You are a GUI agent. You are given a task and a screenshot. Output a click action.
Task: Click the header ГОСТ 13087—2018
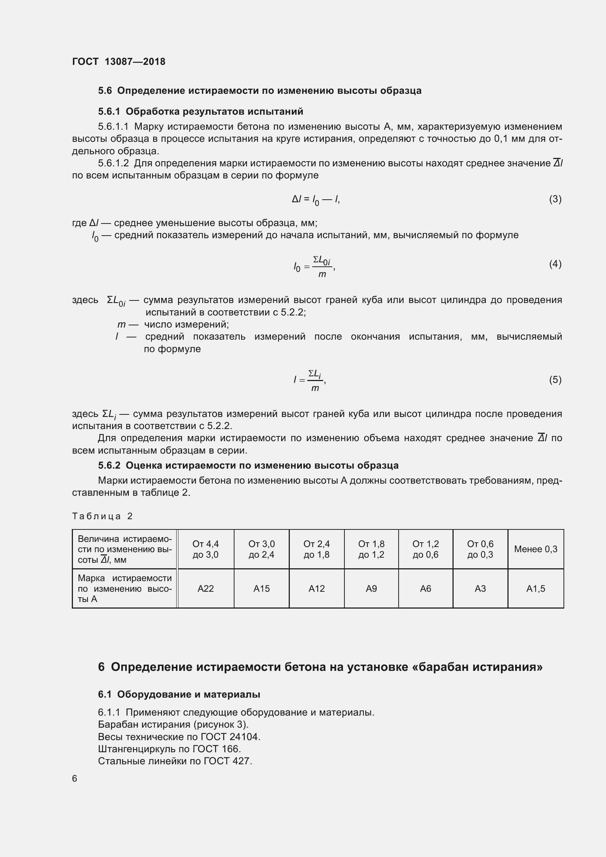point(118,62)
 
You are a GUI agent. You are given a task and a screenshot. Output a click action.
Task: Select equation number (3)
point(555,199)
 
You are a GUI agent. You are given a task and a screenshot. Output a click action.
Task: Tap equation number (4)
point(555,264)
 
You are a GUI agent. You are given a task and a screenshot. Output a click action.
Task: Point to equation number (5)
point(555,380)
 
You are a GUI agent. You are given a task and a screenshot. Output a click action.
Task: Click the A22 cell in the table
point(205,589)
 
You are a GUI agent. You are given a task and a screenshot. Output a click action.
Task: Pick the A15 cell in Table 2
point(261,589)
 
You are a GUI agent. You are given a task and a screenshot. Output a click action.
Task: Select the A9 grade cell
point(371,589)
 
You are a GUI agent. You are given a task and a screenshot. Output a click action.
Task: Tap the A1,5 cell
point(536,589)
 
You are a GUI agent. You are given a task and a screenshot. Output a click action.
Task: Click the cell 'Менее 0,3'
point(536,549)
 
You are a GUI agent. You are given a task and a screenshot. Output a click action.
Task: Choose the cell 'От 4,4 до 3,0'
point(205,549)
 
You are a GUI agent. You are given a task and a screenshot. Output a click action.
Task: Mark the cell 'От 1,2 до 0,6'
point(425,549)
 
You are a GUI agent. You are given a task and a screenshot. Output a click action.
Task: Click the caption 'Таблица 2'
point(102,516)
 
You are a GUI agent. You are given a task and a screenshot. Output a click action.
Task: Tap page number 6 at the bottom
point(75,778)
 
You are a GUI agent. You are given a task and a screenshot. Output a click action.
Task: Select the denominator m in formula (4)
point(322,274)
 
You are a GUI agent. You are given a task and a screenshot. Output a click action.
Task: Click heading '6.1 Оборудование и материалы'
point(179,694)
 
